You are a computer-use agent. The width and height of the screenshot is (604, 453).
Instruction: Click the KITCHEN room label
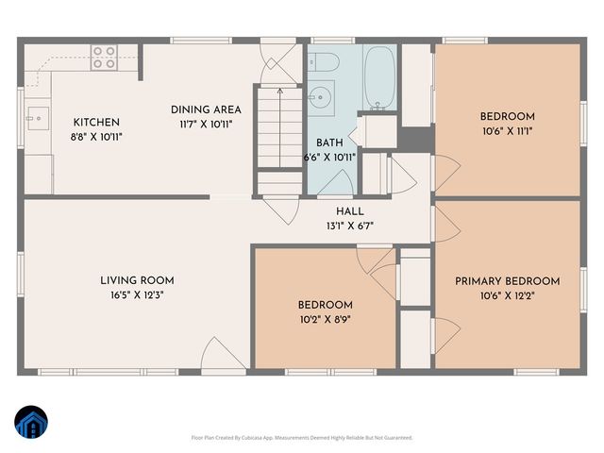96,122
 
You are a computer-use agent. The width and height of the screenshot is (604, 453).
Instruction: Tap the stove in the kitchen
104,58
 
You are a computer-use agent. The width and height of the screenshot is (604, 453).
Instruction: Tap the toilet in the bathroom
325,62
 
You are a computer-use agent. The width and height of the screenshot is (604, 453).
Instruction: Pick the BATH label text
329,143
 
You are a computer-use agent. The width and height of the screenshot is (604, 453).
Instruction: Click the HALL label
349,211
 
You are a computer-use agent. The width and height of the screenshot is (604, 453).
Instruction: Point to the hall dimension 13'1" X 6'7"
349,226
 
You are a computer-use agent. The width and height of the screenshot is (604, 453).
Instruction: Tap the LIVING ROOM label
137,280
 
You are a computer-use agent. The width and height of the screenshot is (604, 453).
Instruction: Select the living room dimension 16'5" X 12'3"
137,294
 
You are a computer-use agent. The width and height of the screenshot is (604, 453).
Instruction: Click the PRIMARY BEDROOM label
507,281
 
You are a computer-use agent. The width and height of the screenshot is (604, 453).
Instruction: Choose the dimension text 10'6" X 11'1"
507,131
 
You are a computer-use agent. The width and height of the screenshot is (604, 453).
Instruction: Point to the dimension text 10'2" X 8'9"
326,319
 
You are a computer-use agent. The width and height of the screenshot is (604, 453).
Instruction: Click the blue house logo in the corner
32,423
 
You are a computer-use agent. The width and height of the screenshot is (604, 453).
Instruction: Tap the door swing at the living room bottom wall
223,355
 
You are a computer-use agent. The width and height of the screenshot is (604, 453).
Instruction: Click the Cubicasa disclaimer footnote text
302,437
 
